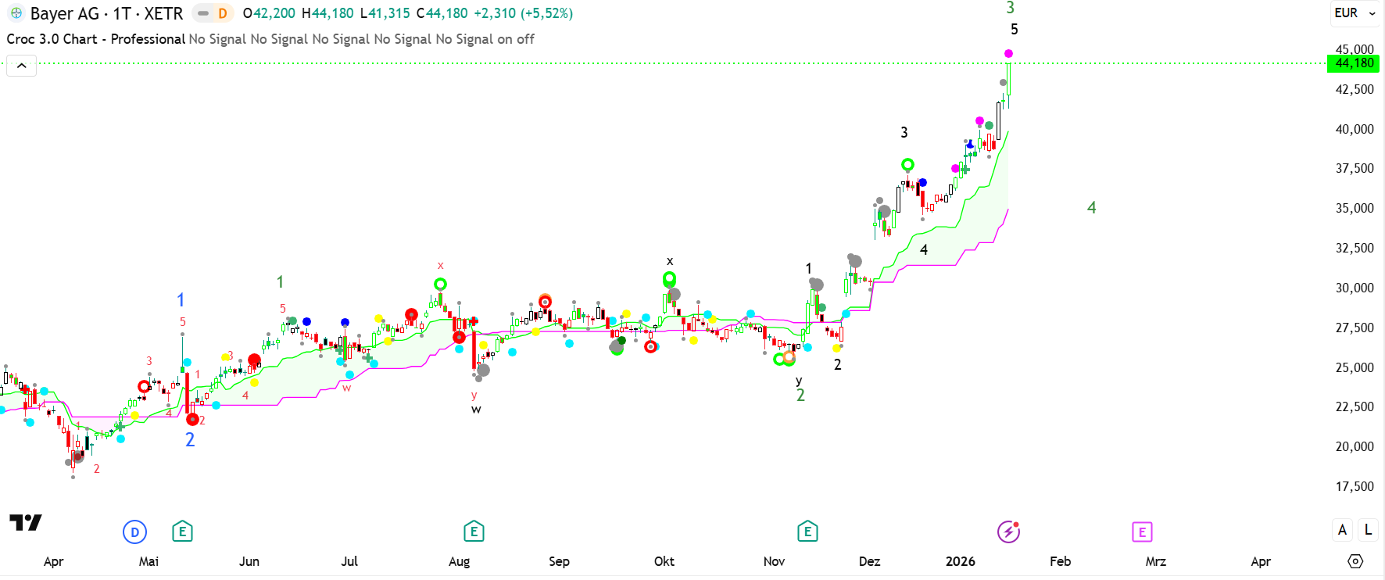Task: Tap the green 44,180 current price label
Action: (1354, 63)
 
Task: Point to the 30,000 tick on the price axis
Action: (1354, 288)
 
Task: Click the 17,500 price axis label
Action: (1354, 486)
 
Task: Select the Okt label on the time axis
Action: (664, 561)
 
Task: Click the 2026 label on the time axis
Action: (960, 561)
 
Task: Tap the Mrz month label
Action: (1155, 561)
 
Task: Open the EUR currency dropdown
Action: (1355, 13)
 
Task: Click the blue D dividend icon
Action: (134, 532)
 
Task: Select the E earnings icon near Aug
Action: (474, 532)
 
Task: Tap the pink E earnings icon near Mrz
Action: (1142, 532)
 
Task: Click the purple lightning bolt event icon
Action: (1008, 532)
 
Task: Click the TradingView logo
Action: (25, 522)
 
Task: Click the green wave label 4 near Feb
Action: (1091, 208)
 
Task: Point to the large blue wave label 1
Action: (181, 300)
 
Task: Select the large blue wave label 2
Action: (190, 440)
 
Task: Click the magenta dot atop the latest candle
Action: (1008, 53)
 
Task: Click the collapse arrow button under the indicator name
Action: (22, 66)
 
